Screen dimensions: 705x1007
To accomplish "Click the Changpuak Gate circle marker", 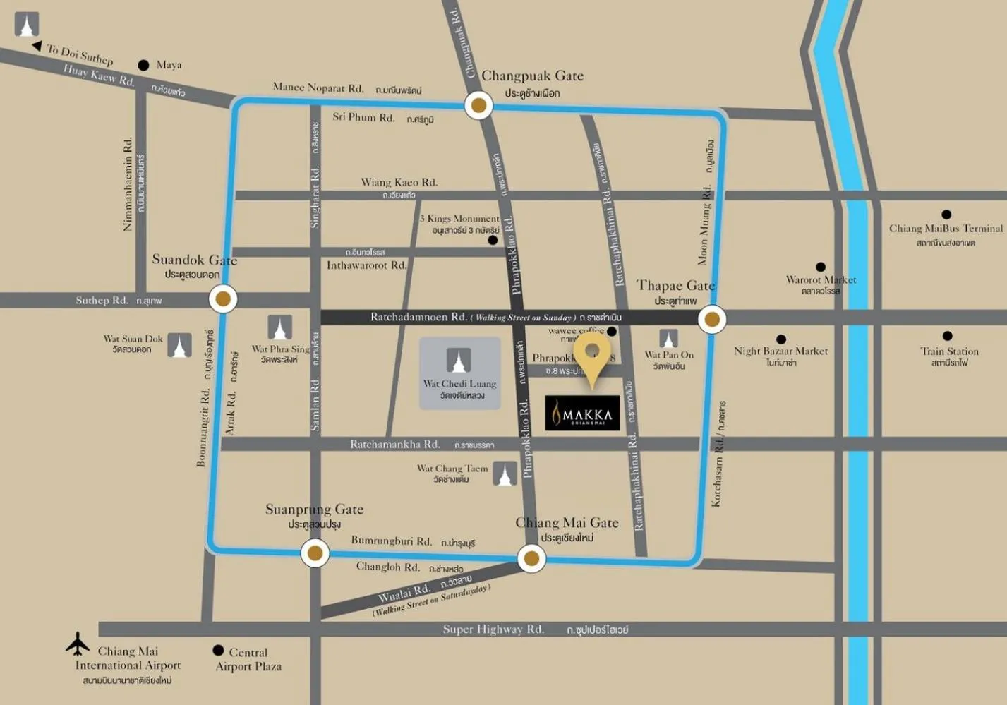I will (x=478, y=106).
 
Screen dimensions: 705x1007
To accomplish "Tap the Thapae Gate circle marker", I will (x=712, y=320).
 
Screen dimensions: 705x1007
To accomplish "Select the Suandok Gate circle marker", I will (x=223, y=299).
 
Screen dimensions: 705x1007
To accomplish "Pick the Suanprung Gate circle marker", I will (x=315, y=553).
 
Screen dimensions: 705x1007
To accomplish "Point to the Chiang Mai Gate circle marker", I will (x=531, y=559).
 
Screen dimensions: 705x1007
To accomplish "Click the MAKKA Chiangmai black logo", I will (x=582, y=414).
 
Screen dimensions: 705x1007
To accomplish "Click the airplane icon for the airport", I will (x=78, y=643).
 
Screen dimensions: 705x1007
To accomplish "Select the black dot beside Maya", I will (x=143, y=66).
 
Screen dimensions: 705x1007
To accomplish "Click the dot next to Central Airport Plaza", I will (x=218, y=651).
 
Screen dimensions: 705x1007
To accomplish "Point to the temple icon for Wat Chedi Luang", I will (x=459, y=361).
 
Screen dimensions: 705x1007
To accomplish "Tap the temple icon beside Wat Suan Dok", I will (x=179, y=346).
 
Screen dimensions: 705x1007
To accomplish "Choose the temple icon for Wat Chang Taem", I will (x=505, y=474).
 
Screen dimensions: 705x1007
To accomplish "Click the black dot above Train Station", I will (x=947, y=337).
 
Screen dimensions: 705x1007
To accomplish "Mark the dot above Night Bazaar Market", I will (x=780, y=339).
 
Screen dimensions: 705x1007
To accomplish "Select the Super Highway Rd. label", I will (x=493, y=629).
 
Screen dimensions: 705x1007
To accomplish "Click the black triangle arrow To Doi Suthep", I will (x=37, y=47).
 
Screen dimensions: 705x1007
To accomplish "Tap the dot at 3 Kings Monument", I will (x=493, y=241).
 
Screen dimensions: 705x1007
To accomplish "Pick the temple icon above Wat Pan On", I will (x=668, y=339).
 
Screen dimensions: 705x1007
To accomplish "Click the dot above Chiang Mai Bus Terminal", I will (x=946, y=215).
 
